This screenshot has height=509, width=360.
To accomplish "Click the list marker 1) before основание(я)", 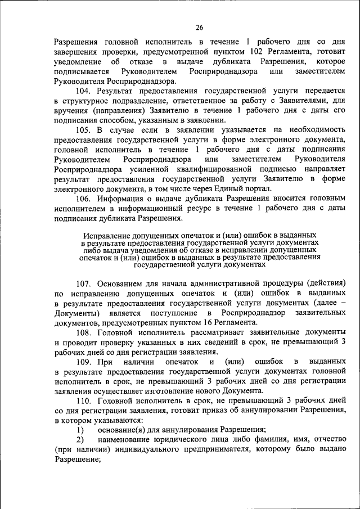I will tap(80, 430).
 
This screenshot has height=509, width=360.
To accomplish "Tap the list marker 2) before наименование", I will tap(80, 439).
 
